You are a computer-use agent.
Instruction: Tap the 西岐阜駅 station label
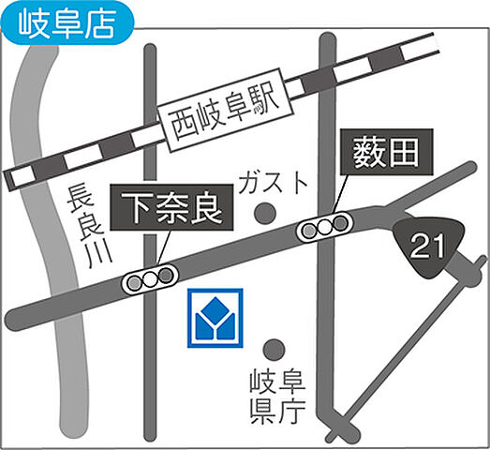tap(222, 120)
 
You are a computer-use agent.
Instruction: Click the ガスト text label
tap(271, 181)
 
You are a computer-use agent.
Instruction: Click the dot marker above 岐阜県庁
tap(274, 350)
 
